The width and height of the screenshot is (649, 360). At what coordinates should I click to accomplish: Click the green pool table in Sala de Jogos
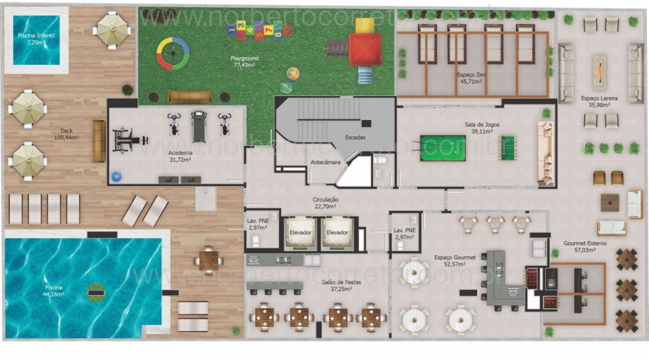tap(443, 148)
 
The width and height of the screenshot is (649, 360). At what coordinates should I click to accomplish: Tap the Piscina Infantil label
tap(36, 38)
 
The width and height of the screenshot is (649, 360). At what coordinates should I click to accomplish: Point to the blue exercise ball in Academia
tap(117, 176)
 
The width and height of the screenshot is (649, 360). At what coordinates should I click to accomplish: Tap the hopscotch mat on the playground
tap(258, 29)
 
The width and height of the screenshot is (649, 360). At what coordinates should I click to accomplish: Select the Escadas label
tap(354, 138)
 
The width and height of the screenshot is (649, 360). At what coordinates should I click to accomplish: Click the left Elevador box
tap(300, 232)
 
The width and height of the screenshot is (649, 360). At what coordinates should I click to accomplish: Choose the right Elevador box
tap(337, 232)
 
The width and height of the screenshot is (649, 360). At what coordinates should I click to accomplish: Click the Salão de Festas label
tap(336, 285)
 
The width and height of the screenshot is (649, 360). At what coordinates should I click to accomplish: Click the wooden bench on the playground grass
tap(190, 97)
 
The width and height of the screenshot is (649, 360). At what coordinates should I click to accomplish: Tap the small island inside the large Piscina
tap(96, 293)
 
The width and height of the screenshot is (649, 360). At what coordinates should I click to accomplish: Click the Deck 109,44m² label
tap(66, 134)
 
